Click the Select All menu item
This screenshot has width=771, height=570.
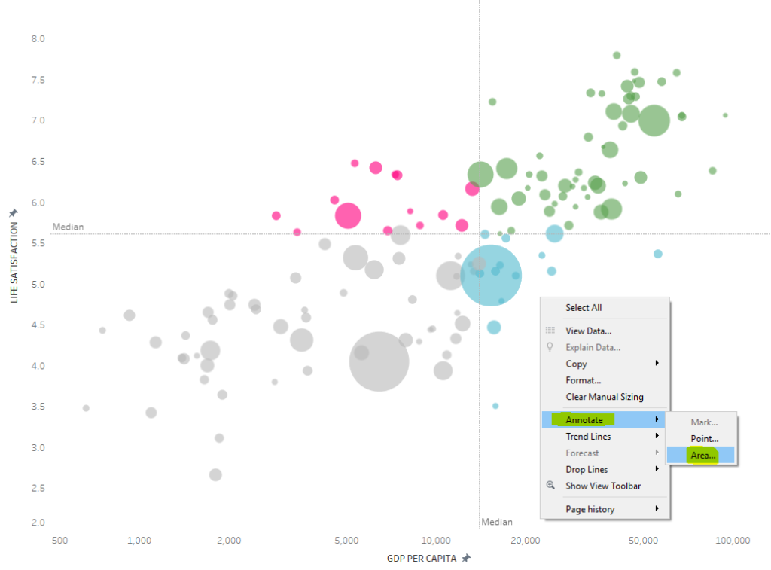click(x=584, y=307)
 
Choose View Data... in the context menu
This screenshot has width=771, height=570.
click(x=588, y=331)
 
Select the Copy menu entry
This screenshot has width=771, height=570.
click(x=576, y=364)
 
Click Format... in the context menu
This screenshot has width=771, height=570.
click(x=583, y=380)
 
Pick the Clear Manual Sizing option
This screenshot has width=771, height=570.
click(x=605, y=397)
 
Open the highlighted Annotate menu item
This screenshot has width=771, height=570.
click(x=584, y=419)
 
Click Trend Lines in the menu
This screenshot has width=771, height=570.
click(x=588, y=437)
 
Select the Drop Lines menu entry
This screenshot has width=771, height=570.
click(x=587, y=470)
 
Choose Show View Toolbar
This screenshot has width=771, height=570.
click(x=603, y=486)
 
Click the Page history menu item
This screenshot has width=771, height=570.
click(x=590, y=509)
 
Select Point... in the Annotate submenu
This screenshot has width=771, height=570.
click(x=704, y=438)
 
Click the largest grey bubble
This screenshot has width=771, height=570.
click(x=379, y=361)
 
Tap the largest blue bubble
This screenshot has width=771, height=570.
click(x=491, y=276)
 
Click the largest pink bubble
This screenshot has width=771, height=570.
click(x=347, y=215)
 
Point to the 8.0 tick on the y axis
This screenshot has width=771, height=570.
click(x=38, y=38)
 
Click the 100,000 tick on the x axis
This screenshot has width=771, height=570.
click(x=732, y=541)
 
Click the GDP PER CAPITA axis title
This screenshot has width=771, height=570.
click(x=422, y=558)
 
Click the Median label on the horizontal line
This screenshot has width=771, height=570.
click(x=68, y=227)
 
